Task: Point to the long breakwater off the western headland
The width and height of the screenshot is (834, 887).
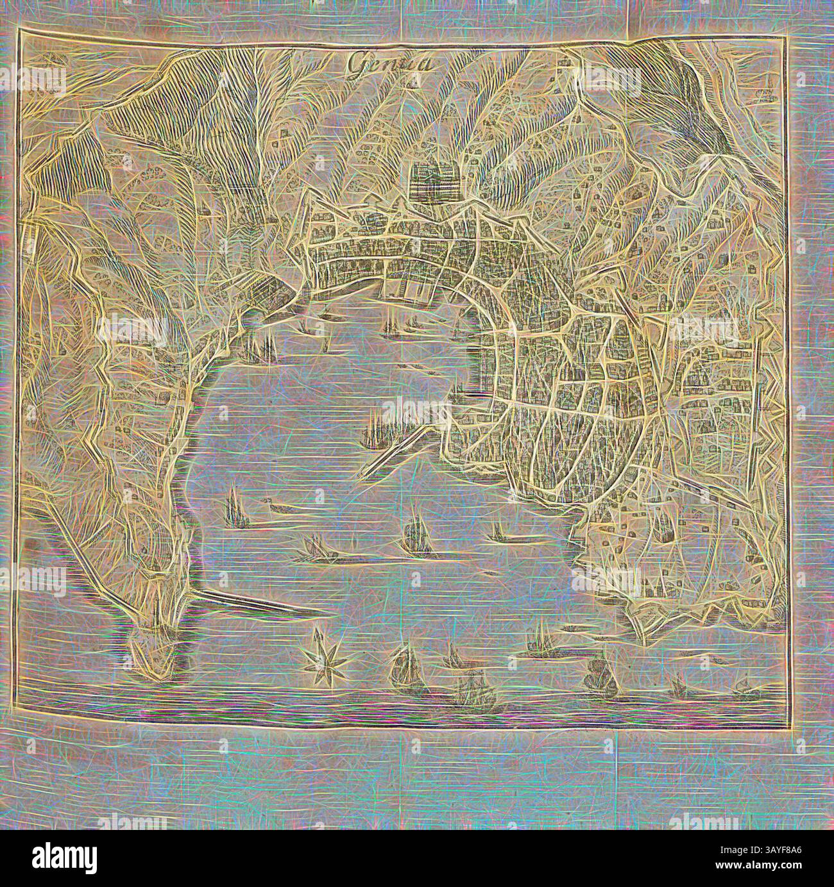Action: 257,601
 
